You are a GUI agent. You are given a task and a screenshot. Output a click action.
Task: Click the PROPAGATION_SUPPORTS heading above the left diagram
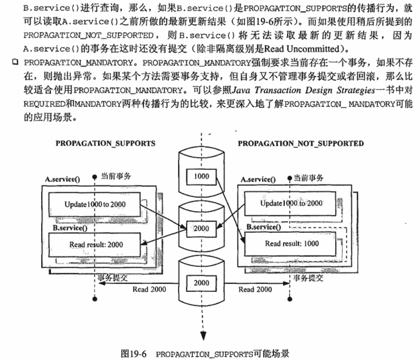[105, 143]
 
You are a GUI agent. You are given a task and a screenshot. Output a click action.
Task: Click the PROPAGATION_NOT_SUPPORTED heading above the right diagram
[301, 143]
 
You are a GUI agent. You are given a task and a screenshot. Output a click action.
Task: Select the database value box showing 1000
[202, 177]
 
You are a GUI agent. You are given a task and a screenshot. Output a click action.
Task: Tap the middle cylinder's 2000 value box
[202, 229]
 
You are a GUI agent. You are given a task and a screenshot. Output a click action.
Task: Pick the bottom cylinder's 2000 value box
[202, 283]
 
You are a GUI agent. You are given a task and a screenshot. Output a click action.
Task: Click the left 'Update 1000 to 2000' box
[94, 204]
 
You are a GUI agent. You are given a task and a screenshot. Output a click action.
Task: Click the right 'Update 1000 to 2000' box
[290, 203]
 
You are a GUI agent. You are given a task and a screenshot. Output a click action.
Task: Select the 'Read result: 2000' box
[94, 245]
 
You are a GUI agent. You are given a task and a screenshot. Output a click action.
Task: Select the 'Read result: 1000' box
[290, 244]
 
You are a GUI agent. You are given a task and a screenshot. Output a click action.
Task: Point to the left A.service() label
[62, 179]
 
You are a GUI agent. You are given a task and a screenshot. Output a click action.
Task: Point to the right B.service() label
[263, 227]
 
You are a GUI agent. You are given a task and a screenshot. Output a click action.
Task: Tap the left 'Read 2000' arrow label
[149, 290]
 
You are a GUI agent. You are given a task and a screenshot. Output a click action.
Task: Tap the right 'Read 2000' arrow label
[255, 290]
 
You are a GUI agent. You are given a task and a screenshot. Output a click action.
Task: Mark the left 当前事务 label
[116, 176]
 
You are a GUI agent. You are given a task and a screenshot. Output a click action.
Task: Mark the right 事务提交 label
[308, 278]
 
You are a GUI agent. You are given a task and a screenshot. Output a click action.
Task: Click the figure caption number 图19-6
[133, 354]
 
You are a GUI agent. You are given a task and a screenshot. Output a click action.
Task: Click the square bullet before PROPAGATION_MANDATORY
[15, 62]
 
